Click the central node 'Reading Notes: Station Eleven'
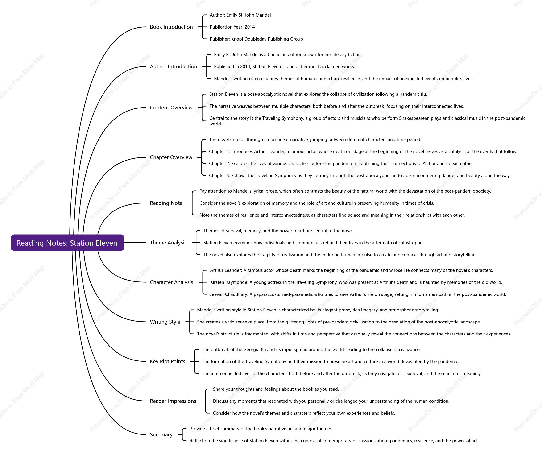point(67,243)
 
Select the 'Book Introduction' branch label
point(171,27)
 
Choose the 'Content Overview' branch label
point(171,108)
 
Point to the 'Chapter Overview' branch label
point(171,157)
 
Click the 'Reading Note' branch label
point(166,203)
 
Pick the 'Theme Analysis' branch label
point(168,243)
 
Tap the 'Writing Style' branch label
point(165,322)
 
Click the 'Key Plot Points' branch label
point(167,361)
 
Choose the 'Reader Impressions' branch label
point(173,401)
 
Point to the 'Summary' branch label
point(161,434)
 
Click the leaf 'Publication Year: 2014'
point(232,27)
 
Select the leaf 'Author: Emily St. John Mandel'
point(240,15)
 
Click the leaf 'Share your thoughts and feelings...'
point(276,389)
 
